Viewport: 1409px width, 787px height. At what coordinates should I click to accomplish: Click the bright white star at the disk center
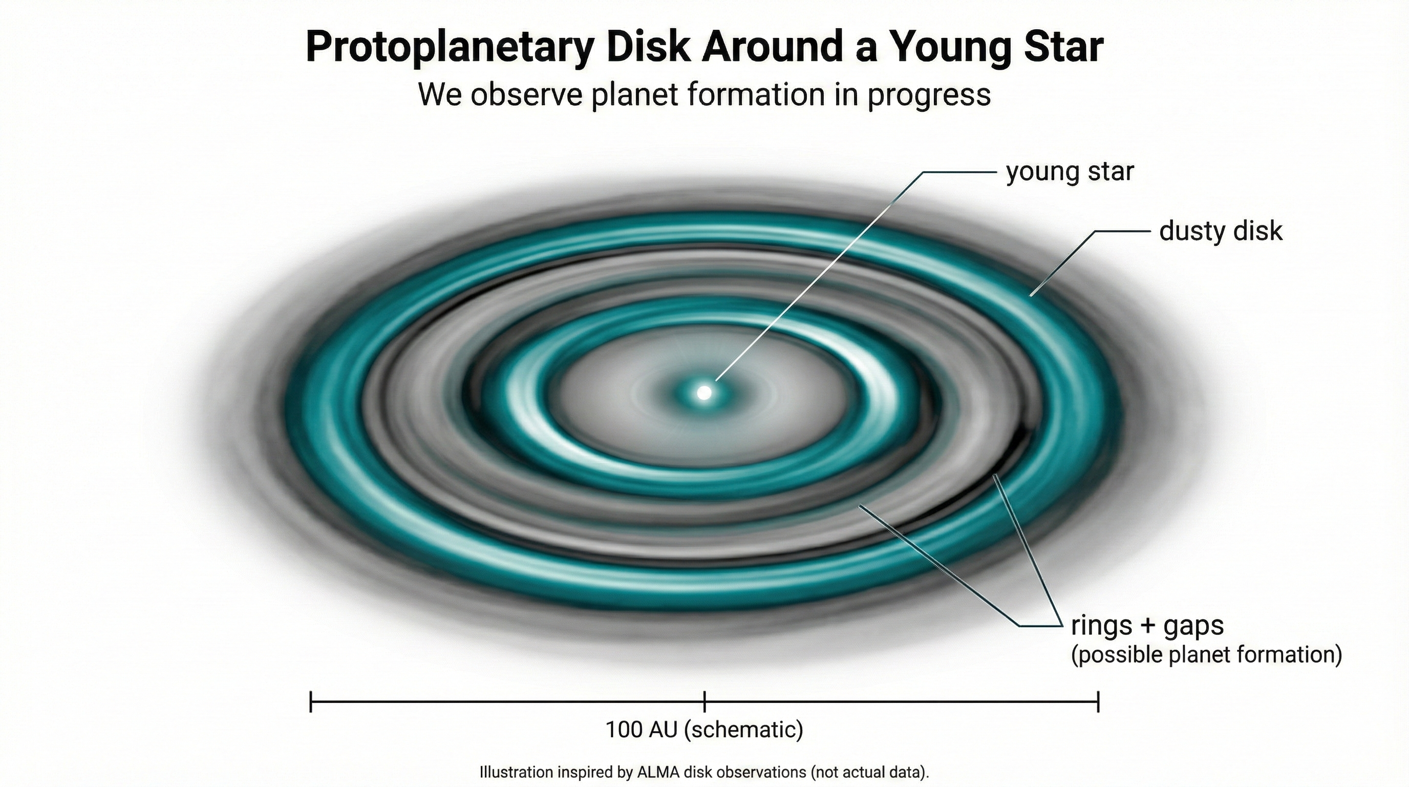tap(705, 392)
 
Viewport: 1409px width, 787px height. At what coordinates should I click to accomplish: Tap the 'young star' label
tap(1070, 172)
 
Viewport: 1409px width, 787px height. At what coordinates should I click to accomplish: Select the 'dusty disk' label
tap(1220, 231)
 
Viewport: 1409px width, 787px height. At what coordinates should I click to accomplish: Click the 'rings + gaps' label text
tap(1147, 625)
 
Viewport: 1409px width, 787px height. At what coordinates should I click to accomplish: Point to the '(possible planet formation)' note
tap(1206, 655)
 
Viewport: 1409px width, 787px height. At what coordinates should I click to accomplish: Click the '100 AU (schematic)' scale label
tap(704, 729)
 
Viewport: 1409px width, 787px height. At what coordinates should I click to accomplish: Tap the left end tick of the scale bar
tap(311, 701)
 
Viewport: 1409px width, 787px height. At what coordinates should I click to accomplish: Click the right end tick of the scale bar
tap(1098, 701)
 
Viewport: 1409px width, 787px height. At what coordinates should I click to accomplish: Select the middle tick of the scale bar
tap(705, 701)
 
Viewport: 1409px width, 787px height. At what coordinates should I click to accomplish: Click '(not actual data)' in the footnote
tap(869, 772)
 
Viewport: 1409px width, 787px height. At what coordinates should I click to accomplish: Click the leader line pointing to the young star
tap(820, 274)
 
